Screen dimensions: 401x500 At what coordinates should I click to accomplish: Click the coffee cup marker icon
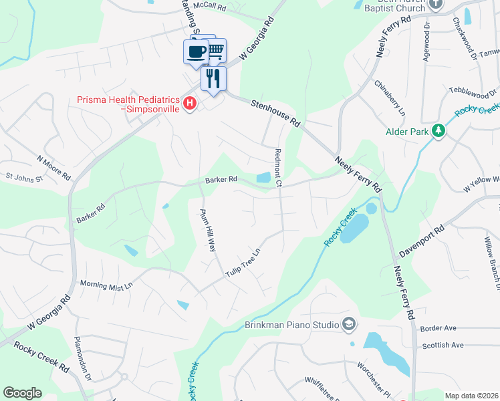(196, 51)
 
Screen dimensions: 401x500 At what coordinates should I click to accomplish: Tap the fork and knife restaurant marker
(213, 78)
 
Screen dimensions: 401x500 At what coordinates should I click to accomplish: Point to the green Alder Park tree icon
(439, 130)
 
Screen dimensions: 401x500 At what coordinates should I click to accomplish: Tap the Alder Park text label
(407, 132)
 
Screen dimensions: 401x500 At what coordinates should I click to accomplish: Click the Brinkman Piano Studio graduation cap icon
(348, 324)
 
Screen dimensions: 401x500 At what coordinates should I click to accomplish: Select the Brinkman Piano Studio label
(291, 325)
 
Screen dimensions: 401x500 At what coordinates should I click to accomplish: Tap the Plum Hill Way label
(209, 229)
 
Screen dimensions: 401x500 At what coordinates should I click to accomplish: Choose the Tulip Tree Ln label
(242, 263)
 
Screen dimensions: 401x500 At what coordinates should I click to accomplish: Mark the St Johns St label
(24, 178)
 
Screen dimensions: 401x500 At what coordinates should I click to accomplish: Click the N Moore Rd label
(54, 168)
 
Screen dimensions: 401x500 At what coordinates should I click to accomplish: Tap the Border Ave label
(439, 328)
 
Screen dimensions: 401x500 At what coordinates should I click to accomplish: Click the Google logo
(22, 393)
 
